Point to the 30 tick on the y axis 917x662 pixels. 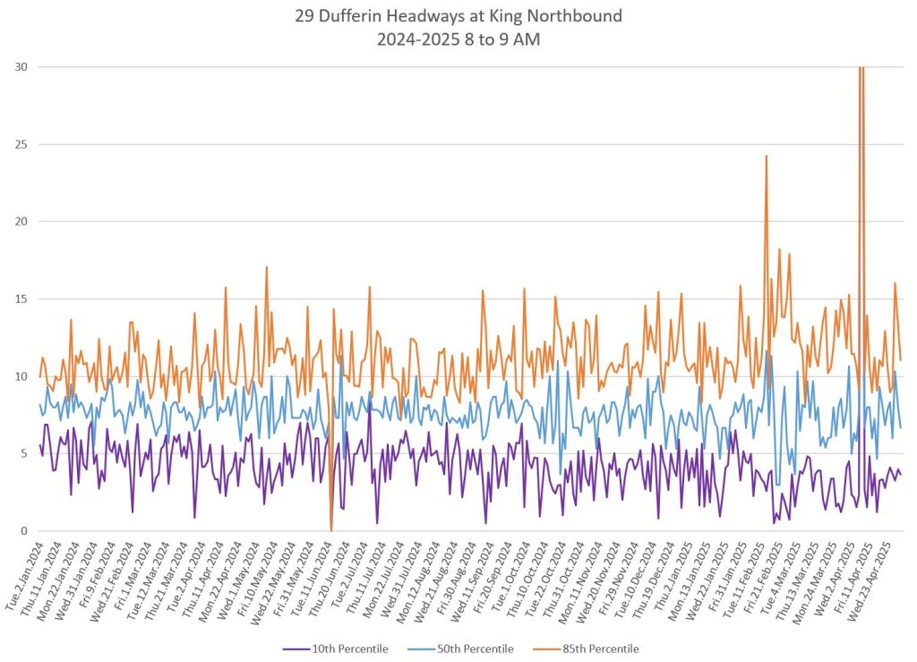click(20, 67)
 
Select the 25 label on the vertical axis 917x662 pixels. click(20, 144)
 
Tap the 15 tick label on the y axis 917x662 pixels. click(20, 299)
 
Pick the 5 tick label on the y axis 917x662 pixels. click(23, 454)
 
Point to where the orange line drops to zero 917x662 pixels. click(331, 530)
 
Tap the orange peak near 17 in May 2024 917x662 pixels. click(266, 267)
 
